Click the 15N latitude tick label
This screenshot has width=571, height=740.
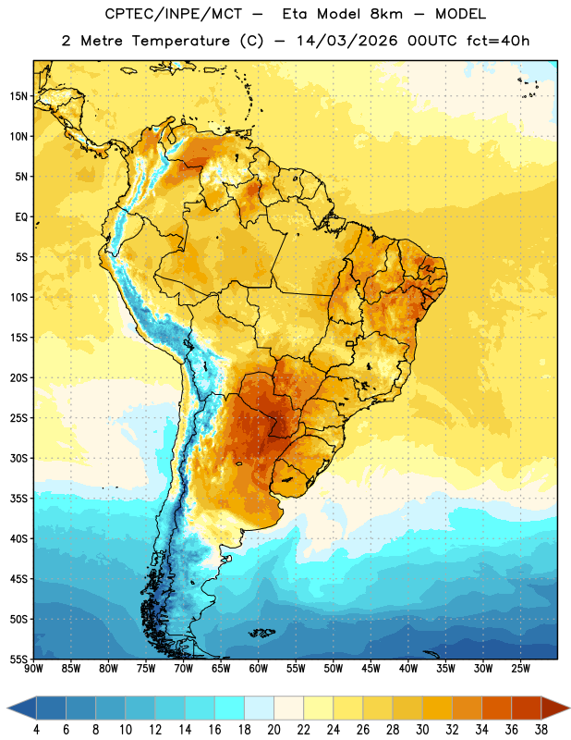18,96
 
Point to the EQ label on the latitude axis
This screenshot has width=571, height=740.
21,217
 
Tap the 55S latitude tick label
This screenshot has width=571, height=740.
18,659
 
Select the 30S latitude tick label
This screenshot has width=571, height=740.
18,458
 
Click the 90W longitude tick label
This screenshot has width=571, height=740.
33,668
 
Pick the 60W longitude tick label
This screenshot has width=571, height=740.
259,668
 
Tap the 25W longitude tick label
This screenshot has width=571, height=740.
520,668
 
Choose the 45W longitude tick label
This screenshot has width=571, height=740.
371,668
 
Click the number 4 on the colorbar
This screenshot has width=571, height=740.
36,730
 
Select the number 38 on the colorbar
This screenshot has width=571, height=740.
541,730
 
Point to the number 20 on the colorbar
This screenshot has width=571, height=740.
273,730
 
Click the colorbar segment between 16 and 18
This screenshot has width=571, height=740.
229,709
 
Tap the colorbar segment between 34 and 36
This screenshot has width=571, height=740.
496,709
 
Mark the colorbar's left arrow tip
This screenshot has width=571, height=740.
7,709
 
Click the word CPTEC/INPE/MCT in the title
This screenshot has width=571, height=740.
173,14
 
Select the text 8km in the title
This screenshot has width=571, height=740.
386,14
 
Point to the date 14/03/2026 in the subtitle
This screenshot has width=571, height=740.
346,41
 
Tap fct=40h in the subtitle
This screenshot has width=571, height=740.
498,41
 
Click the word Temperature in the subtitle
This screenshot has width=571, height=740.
180,41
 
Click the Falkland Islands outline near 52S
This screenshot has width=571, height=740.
261,633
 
